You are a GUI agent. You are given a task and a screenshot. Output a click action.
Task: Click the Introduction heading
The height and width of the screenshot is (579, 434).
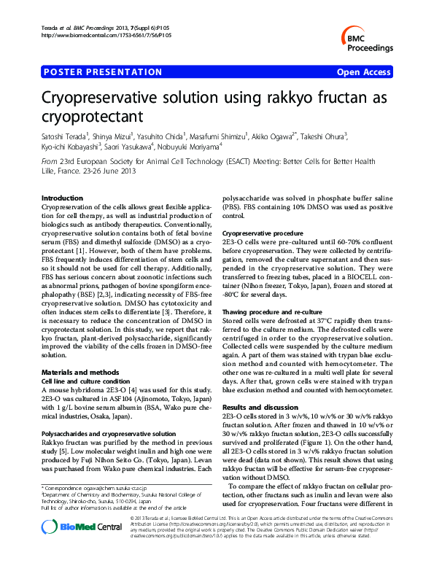pos(62,198)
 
